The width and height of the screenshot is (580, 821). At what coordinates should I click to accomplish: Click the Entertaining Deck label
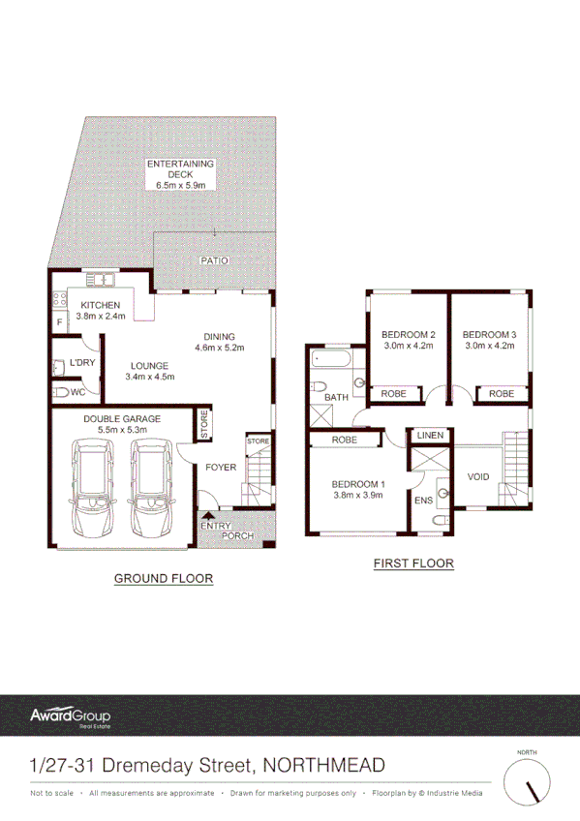(x=180, y=173)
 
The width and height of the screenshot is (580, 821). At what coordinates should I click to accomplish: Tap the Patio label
(x=213, y=261)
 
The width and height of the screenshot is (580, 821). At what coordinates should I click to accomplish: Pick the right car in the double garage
(x=150, y=489)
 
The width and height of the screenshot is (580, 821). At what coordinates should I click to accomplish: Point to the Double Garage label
(x=122, y=424)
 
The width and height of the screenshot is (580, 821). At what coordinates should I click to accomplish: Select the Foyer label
(x=221, y=468)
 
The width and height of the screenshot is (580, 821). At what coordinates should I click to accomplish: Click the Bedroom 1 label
(x=358, y=489)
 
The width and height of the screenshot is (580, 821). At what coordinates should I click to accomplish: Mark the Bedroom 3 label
(x=491, y=340)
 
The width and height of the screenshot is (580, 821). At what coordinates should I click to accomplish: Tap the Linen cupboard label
(x=430, y=437)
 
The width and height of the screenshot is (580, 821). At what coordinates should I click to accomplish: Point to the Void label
(x=478, y=476)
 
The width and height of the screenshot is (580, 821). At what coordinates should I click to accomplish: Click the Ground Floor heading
(x=164, y=578)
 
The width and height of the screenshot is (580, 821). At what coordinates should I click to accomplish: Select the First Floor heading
(x=413, y=563)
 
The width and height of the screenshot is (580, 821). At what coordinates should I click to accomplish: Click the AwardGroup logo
(x=70, y=717)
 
